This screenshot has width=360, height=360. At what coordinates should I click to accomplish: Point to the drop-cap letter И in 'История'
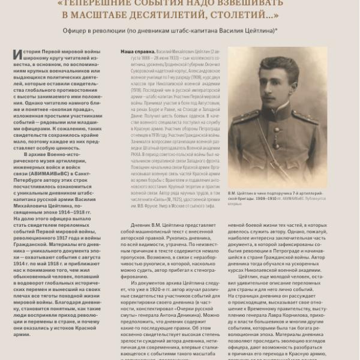(x=16, y=56)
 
